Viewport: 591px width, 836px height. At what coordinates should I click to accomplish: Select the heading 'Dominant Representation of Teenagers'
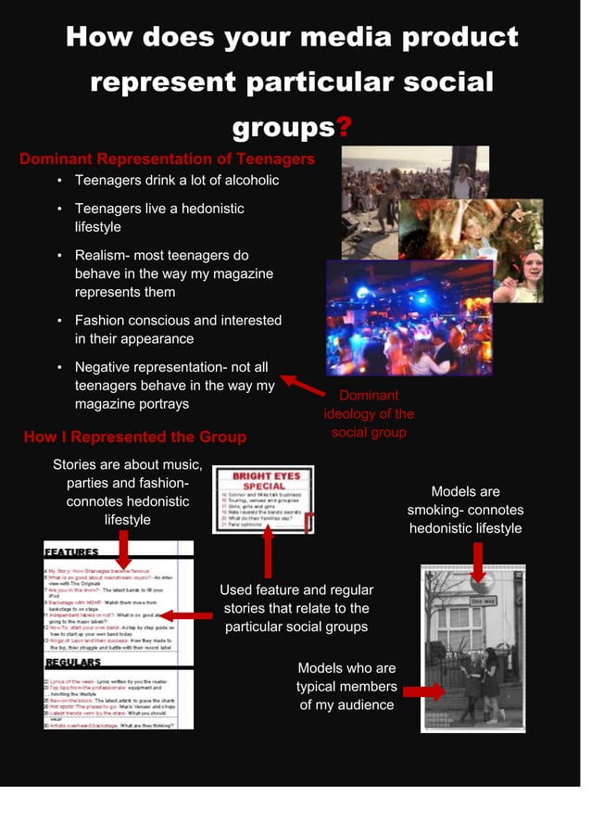167,158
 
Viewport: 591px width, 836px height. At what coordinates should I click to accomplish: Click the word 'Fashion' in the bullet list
103,320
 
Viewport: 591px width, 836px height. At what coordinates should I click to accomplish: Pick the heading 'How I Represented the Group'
134,437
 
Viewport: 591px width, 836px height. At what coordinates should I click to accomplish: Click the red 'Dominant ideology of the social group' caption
369,414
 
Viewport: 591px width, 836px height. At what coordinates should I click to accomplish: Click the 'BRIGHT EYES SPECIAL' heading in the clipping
264,481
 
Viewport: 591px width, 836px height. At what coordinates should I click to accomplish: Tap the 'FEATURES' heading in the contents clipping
72,551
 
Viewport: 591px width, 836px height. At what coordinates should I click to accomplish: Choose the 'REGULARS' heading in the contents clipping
73,664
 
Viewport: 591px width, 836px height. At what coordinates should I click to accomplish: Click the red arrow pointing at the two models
422,691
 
